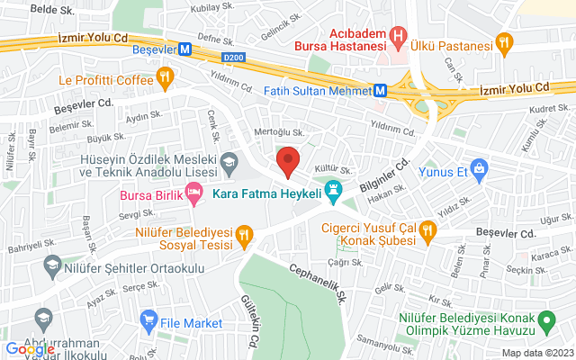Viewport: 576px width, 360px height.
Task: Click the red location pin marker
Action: [x=288, y=161]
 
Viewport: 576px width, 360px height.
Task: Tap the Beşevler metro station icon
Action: [x=184, y=49]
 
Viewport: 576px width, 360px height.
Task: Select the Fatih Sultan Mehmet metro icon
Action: [x=381, y=90]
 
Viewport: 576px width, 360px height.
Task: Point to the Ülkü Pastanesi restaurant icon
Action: [x=505, y=41]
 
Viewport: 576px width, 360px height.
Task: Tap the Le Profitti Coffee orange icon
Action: [x=164, y=78]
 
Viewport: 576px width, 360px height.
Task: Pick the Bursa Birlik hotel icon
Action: [x=193, y=192]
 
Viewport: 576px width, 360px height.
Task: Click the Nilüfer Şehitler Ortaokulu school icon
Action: [x=51, y=267]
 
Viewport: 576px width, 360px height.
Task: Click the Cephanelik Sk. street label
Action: [x=317, y=269]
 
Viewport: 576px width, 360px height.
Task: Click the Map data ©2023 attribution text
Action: [x=536, y=353]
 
